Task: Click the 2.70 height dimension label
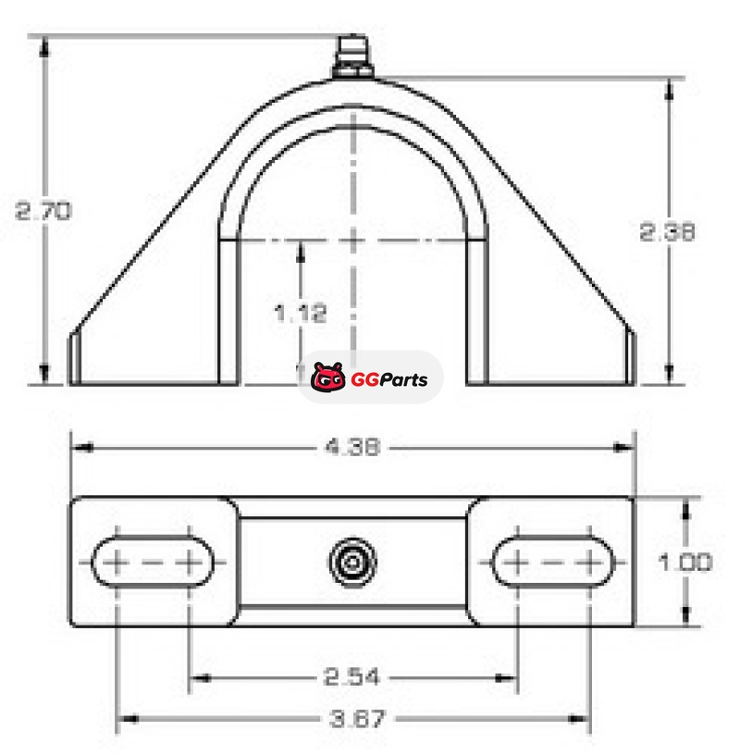[x=43, y=211]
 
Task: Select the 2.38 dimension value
[x=667, y=231]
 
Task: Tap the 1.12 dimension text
[x=300, y=314]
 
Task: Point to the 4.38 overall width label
[x=353, y=447]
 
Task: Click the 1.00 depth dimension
[x=685, y=562]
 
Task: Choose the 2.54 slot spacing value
[x=351, y=677]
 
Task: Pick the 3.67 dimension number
[x=358, y=719]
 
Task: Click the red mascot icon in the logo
[x=327, y=377]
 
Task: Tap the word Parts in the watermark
[x=403, y=379]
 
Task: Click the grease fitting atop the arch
[x=353, y=56]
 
